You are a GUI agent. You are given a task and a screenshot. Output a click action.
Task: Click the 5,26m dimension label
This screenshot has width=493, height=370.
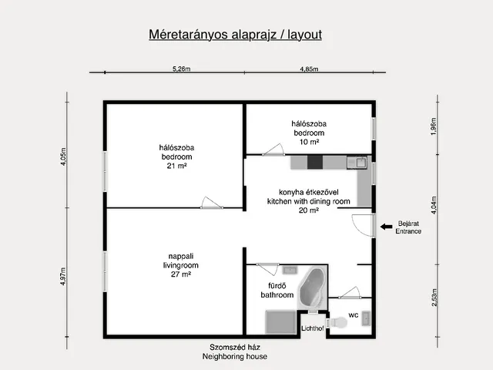182,69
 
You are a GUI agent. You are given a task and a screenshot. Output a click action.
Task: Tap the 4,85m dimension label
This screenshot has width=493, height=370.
309,69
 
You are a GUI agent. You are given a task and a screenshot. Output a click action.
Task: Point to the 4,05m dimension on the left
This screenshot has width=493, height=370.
63,156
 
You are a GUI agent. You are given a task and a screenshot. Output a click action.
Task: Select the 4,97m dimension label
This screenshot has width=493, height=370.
63,276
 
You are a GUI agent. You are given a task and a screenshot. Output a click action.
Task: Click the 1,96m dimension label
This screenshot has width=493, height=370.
433,126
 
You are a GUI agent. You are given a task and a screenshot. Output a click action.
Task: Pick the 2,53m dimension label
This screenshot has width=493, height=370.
434,298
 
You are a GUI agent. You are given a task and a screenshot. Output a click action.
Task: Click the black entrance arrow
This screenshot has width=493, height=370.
386,227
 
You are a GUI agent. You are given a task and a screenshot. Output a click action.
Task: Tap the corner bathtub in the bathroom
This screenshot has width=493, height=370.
311,288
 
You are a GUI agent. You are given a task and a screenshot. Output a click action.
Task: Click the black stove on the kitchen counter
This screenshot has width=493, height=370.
315,163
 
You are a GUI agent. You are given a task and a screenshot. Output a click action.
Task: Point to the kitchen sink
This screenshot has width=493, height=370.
357,163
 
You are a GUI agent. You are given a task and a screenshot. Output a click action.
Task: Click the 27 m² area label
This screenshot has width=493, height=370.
181,274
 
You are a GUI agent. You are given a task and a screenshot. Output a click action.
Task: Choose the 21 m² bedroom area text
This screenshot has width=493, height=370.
176,166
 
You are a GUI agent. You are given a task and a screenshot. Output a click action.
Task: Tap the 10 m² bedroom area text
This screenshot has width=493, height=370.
309,142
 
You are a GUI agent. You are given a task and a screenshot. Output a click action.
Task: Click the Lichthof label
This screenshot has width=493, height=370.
313,328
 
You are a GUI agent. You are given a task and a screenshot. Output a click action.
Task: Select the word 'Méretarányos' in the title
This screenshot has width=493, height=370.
189,35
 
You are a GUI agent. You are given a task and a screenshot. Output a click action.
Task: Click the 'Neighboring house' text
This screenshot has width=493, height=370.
235,356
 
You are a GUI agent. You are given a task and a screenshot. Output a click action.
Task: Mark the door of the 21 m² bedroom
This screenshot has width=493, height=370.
212,203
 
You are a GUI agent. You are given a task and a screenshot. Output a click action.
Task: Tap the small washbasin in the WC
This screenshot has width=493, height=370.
366,318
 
